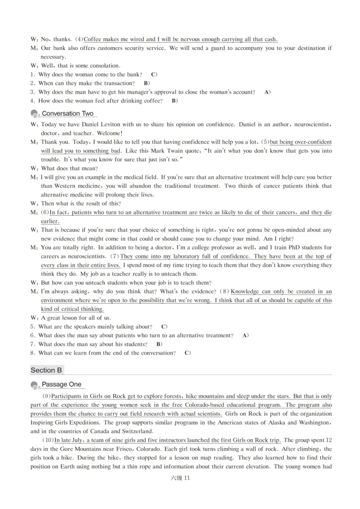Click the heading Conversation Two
[67, 114]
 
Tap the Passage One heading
[62, 384]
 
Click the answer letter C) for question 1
[154, 74]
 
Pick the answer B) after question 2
[147, 83]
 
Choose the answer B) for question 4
[175, 101]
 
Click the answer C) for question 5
[164, 326]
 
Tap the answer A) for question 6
[245, 335]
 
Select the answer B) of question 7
[159, 344]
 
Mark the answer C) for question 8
[188, 353]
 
